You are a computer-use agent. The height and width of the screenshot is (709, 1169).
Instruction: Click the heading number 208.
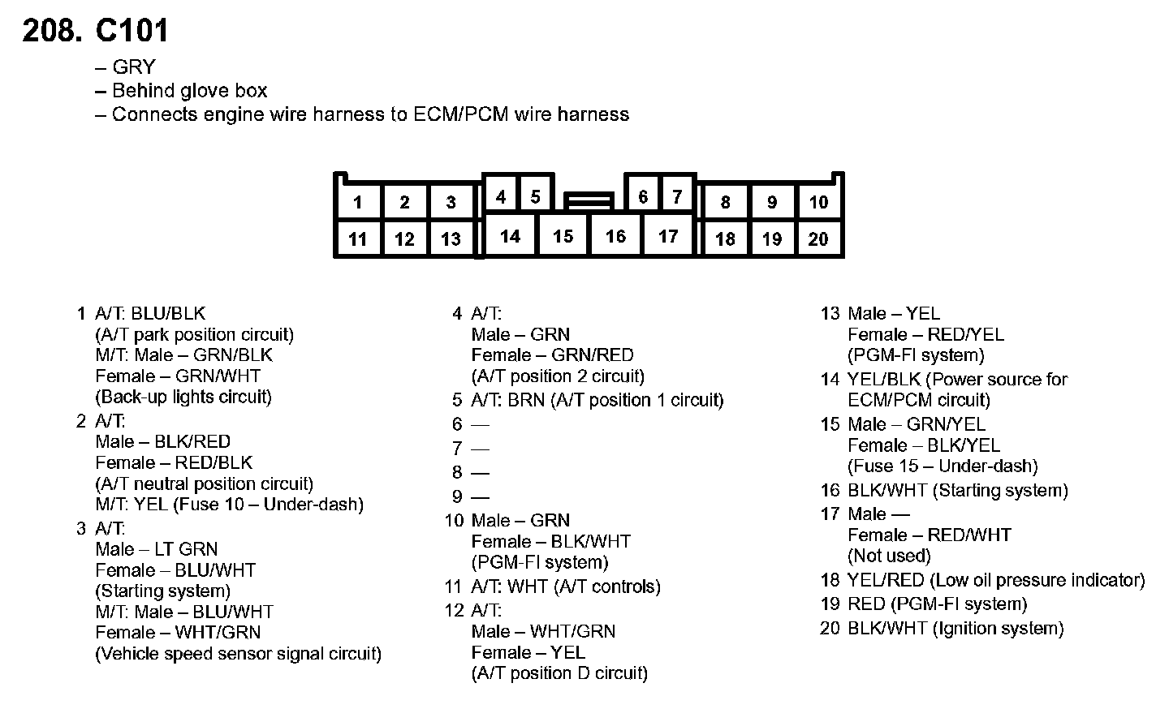(x=51, y=31)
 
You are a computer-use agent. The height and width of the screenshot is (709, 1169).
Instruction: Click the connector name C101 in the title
(x=132, y=31)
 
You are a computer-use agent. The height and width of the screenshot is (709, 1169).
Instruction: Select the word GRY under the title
(x=134, y=67)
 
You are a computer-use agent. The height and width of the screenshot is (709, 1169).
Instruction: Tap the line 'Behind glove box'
(x=189, y=91)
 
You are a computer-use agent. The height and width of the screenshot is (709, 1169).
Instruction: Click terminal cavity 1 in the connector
(x=358, y=202)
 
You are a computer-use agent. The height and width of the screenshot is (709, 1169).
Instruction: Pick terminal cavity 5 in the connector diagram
(x=536, y=196)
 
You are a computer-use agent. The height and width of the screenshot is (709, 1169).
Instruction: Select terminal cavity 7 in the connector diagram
(x=677, y=196)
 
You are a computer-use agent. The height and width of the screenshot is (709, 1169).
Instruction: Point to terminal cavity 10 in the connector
(x=818, y=202)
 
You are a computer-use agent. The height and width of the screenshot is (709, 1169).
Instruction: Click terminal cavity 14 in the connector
(x=510, y=236)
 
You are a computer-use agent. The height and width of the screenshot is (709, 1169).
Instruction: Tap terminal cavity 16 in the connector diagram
(x=615, y=236)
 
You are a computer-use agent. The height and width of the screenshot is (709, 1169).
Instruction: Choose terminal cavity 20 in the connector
(x=818, y=238)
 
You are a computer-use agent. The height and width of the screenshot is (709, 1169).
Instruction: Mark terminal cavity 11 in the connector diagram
(x=358, y=239)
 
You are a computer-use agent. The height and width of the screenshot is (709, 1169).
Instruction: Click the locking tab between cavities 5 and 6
(x=589, y=200)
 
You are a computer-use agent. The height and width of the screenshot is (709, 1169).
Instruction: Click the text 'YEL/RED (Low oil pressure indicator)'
(x=996, y=580)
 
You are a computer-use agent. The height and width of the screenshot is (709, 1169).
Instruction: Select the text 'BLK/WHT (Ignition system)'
(x=955, y=628)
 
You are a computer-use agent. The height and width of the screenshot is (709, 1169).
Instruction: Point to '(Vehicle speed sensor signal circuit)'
(x=239, y=654)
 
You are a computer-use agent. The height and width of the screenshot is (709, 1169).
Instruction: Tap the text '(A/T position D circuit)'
(x=559, y=673)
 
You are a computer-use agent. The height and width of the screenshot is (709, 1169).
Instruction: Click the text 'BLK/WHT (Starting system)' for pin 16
(x=958, y=490)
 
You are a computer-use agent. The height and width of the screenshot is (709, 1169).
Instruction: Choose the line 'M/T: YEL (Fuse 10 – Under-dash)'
(x=229, y=505)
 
